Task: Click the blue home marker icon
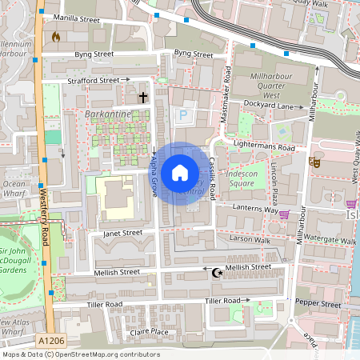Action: pos(180,173)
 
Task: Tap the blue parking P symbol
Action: pos(182,115)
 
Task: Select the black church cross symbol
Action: pos(144,98)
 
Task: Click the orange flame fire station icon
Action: pos(55,37)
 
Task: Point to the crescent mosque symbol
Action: pos(215,273)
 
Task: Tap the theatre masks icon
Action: pos(314,161)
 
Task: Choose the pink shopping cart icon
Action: pos(284,214)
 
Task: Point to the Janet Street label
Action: pos(122,234)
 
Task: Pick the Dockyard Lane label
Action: pos(267,106)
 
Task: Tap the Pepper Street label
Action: pos(318,305)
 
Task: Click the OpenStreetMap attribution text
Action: pos(80,354)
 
